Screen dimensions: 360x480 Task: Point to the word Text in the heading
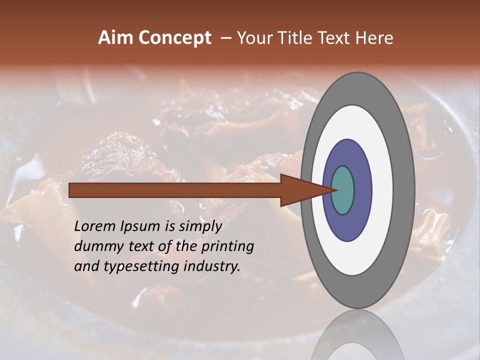(337, 38)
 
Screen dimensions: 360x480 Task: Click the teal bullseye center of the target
(342, 190)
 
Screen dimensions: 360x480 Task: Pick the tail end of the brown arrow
(71, 190)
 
